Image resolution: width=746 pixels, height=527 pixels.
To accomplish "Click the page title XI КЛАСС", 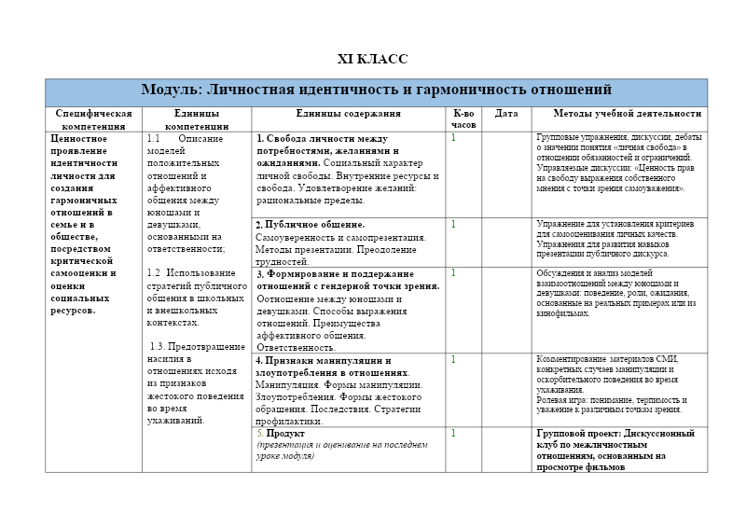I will coord(372,60).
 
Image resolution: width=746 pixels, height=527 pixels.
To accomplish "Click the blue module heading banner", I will coord(376,90).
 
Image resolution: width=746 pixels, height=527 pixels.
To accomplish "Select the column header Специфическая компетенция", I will coord(93,118).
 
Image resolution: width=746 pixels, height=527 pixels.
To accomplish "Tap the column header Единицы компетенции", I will coord(196,118).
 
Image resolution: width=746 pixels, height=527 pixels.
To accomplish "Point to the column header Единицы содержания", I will coord(348,114).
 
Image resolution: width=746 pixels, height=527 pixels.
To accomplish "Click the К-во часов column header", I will coord(463,118).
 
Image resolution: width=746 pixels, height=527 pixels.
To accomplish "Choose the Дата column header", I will coord(506,114).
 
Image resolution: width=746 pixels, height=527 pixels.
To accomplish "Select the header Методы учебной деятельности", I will coord(627,114).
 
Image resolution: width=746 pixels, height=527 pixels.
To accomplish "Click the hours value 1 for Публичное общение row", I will coord(453,224).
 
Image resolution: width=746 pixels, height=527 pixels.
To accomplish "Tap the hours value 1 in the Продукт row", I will coord(453,433).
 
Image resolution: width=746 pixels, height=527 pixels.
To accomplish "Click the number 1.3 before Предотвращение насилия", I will coord(159,346).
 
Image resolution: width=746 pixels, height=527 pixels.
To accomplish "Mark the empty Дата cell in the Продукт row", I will coord(506,450).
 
